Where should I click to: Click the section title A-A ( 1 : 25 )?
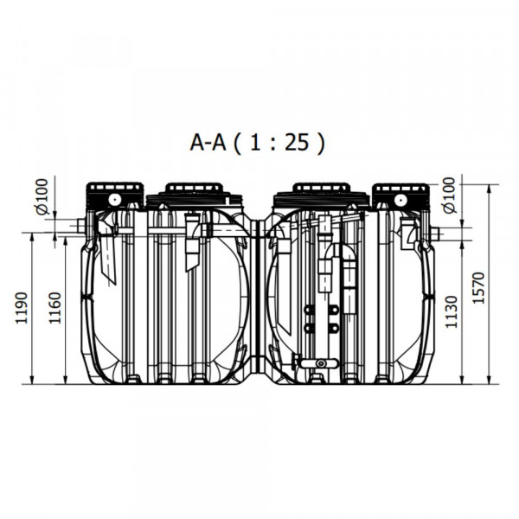258,143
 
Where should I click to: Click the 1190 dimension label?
22,308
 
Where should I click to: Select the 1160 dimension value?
55,308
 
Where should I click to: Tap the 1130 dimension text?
451,312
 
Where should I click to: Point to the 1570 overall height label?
478,288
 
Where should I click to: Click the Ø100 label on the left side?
42,196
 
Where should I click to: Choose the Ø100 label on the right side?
450,195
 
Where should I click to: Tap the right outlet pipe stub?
434,234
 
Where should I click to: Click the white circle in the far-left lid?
114,200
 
